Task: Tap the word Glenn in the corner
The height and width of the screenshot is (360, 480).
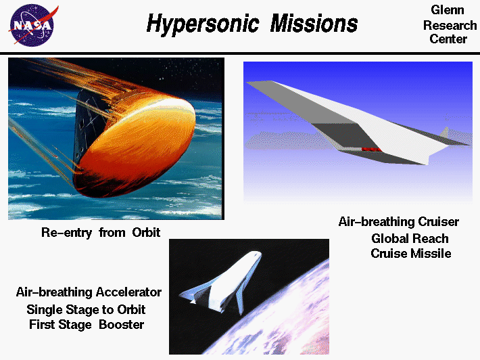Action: [447, 11]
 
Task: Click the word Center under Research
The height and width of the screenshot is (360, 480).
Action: [448, 39]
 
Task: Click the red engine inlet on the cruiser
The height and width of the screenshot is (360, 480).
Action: [371, 148]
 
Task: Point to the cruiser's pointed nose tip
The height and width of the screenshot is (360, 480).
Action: [249, 83]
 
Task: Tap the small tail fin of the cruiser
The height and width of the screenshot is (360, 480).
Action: [445, 131]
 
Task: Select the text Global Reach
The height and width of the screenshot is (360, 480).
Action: [410, 238]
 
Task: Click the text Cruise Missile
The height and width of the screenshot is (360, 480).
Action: [410, 254]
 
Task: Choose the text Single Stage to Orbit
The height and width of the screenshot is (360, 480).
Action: [86, 309]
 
